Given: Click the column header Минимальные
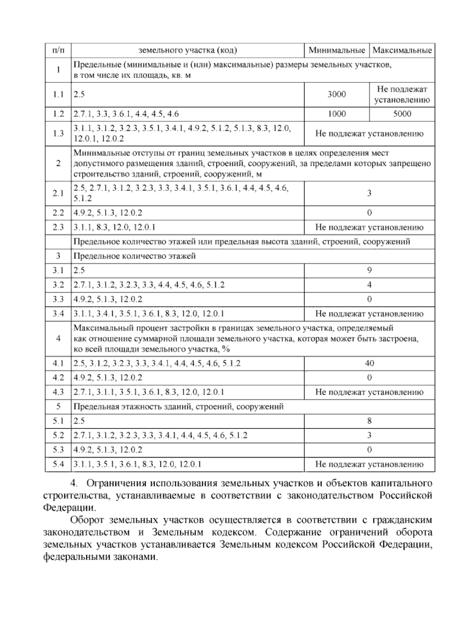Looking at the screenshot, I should click(x=336, y=50).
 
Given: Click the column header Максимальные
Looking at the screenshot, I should click(x=402, y=50).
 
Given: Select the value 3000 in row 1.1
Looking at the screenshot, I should click(x=336, y=94).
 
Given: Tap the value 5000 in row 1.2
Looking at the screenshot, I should click(x=402, y=114).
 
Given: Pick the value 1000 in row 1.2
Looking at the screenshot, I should click(x=336, y=114).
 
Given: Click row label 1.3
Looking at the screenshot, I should click(x=58, y=133).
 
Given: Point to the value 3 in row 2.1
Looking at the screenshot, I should click(x=369, y=193).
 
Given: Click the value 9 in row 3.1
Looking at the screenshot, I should click(x=369, y=270).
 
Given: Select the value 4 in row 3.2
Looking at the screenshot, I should click(x=369, y=285).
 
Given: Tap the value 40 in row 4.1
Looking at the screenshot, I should click(x=369, y=363).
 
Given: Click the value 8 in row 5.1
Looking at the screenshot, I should click(x=369, y=421).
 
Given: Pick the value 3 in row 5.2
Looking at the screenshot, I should click(x=369, y=435).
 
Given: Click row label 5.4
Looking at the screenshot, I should click(x=58, y=464).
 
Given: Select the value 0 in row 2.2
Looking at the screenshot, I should click(x=369, y=212).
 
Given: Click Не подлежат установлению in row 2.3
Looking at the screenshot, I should click(x=369, y=227).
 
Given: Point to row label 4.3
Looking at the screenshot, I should click(x=58, y=392).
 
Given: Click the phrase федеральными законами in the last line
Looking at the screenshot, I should click(x=100, y=557).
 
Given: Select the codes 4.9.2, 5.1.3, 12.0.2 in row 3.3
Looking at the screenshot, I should click(x=108, y=299).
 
